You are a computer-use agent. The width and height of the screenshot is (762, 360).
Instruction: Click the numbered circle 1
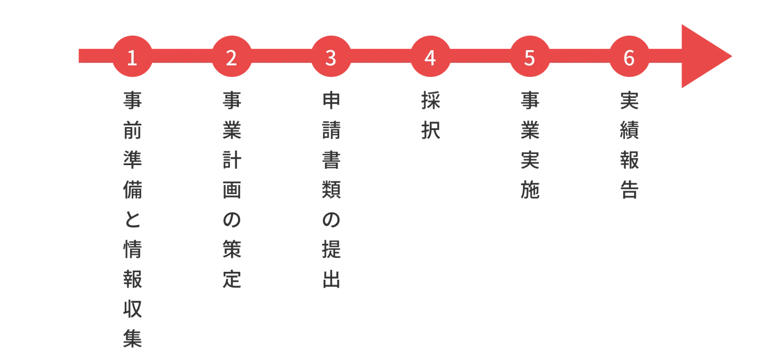tap(133, 56)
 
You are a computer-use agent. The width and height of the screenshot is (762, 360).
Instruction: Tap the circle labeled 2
tap(232, 56)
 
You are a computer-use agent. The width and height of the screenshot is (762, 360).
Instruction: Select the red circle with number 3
tap(331, 56)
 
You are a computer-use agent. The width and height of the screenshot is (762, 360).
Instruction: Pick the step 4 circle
tap(431, 56)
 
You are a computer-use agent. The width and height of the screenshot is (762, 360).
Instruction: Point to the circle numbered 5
tap(530, 56)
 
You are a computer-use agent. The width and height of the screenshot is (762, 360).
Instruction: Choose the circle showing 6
tap(629, 56)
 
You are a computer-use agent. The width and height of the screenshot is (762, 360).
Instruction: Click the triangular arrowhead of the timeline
tap(702, 56)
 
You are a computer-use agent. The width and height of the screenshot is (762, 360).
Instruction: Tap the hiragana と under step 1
tap(133, 219)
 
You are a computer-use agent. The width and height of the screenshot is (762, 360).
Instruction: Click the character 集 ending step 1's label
tap(133, 339)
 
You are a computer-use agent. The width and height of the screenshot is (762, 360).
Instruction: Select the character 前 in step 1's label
tap(133, 130)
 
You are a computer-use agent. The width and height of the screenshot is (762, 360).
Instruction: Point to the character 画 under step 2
tap(232, 190)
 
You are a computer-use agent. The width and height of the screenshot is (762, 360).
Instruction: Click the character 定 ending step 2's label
tap(232, 279)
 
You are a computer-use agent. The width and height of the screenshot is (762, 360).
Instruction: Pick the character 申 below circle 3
tap(331, 100)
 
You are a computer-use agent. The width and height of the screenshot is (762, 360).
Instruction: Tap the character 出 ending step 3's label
tap(331, 279)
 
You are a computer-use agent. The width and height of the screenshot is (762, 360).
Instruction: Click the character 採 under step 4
tap(431, 100)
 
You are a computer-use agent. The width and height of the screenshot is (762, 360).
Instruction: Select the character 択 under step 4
tap(431, 130)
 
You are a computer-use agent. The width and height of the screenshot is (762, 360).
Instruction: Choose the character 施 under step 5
tap(530, 190)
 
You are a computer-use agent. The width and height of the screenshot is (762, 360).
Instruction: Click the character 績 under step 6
tap(629, 130)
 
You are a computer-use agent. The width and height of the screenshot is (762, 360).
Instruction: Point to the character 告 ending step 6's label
tap(629, 190)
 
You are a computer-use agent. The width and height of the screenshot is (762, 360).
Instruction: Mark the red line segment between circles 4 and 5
tap(480, 56)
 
